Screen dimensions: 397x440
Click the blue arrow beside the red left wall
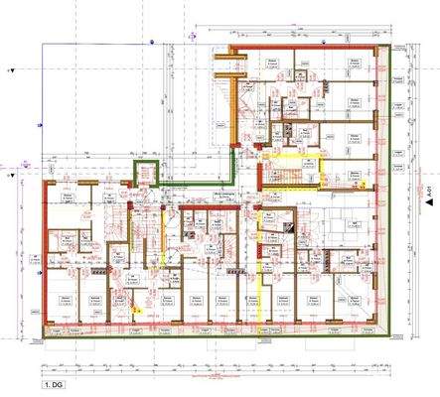pos(28,182)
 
